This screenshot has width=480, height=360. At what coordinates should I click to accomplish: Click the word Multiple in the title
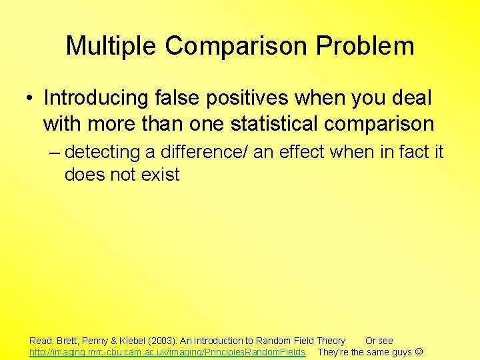coord(111,46)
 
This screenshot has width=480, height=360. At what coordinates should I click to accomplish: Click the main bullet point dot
coord(31,99)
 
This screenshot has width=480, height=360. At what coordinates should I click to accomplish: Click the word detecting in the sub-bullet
coord(103,152)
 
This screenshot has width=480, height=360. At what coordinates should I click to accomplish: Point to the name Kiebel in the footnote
coord(133,341)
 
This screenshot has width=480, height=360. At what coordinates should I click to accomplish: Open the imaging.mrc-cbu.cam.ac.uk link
coord(167,351)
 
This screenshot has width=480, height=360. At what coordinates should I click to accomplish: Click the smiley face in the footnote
coord(419,351)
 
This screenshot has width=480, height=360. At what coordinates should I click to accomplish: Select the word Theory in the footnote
coord(331,341)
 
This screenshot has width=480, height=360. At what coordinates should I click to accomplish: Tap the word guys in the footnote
coord(401,351)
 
